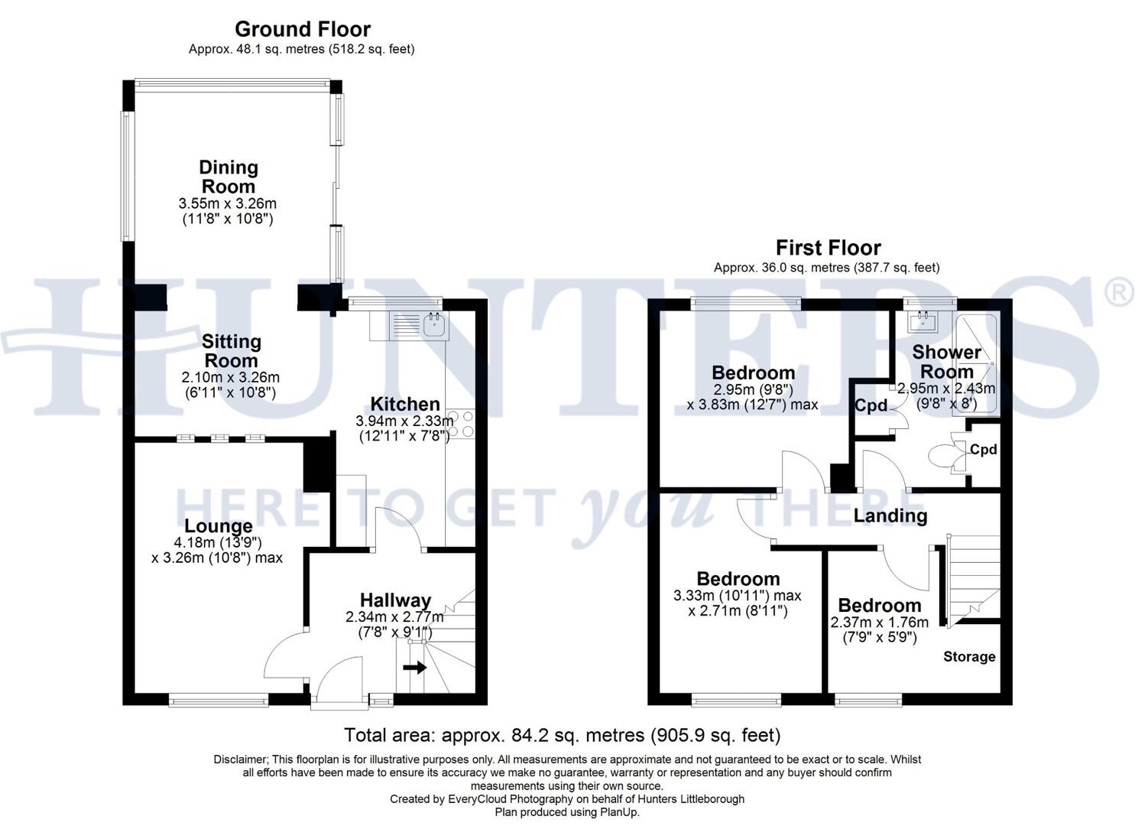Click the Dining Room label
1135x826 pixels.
228,177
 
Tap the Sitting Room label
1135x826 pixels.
231,350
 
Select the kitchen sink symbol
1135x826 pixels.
434,325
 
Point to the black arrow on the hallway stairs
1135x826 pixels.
415,668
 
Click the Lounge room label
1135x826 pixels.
218,526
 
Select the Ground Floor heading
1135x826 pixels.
302,29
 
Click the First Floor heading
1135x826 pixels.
828,248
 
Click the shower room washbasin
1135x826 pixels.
923,321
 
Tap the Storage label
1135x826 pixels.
968,656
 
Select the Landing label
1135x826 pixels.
890,515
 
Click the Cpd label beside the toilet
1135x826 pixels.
983,450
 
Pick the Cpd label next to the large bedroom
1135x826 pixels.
870,405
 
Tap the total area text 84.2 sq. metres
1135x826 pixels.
562,736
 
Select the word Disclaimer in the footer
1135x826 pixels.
240,759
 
